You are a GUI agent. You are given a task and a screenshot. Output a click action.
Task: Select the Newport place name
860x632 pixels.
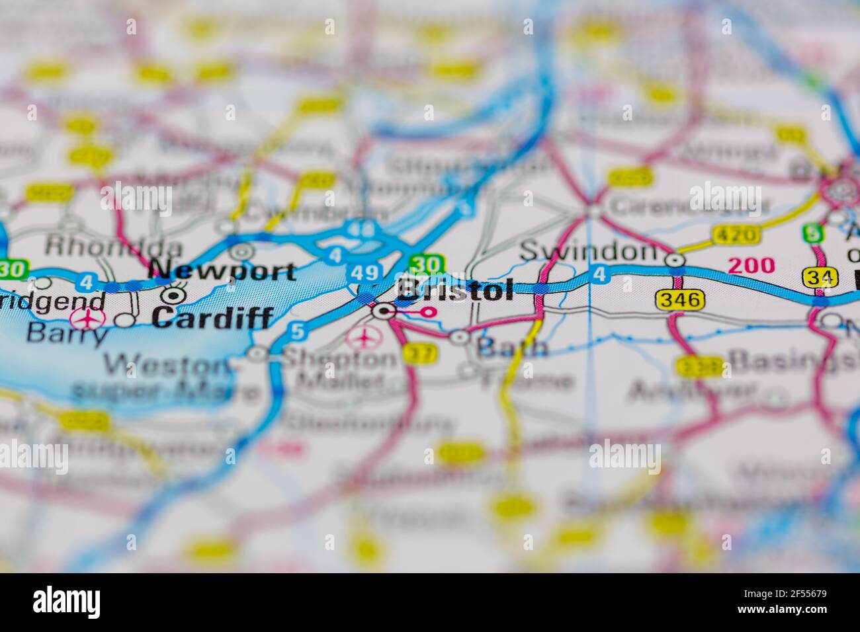(222, 270)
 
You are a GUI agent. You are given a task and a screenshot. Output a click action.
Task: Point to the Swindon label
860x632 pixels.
(588, 251)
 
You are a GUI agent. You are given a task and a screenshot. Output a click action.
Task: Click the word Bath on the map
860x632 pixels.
(512, 347)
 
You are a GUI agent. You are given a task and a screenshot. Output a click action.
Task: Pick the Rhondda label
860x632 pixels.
(113, 247)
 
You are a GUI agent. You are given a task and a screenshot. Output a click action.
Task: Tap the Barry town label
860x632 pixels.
(66, 334)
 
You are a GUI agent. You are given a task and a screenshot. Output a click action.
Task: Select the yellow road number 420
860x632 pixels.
(736, 234)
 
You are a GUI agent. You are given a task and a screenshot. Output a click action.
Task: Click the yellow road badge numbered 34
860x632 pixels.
(819, 278)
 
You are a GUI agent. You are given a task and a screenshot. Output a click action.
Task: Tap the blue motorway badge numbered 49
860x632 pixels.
(365, 272)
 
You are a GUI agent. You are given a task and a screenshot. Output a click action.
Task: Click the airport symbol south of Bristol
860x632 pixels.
(363, 338)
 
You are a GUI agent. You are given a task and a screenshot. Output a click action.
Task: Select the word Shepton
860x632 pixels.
(339, 358)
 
